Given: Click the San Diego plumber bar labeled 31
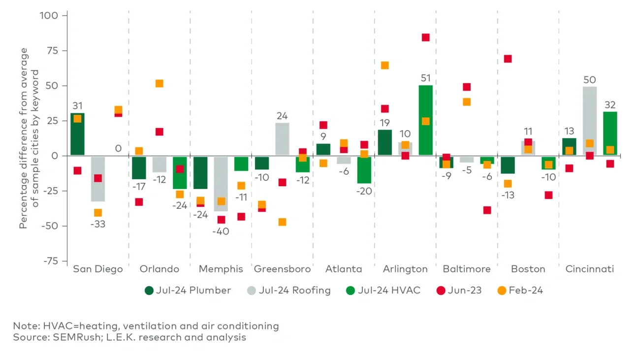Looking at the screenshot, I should [77, 134].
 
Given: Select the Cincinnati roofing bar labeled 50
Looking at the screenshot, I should [589, 121].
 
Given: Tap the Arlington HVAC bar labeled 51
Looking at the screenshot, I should [425, 120].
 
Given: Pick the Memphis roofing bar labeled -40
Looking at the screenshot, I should [221, 184].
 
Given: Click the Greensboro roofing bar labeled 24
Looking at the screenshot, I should [282, 139].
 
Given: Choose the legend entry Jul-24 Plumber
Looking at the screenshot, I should [188, 290].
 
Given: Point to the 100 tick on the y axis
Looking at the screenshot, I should [48, 16].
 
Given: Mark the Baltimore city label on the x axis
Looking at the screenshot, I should [466, 269].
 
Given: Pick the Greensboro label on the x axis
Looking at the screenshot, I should [282, 269].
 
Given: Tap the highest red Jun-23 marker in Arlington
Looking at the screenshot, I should [426, 37].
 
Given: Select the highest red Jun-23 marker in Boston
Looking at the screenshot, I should [508, 59].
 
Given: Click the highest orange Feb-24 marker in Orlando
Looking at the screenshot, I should [160, 84].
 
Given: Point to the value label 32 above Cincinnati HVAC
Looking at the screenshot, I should [610, 105].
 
